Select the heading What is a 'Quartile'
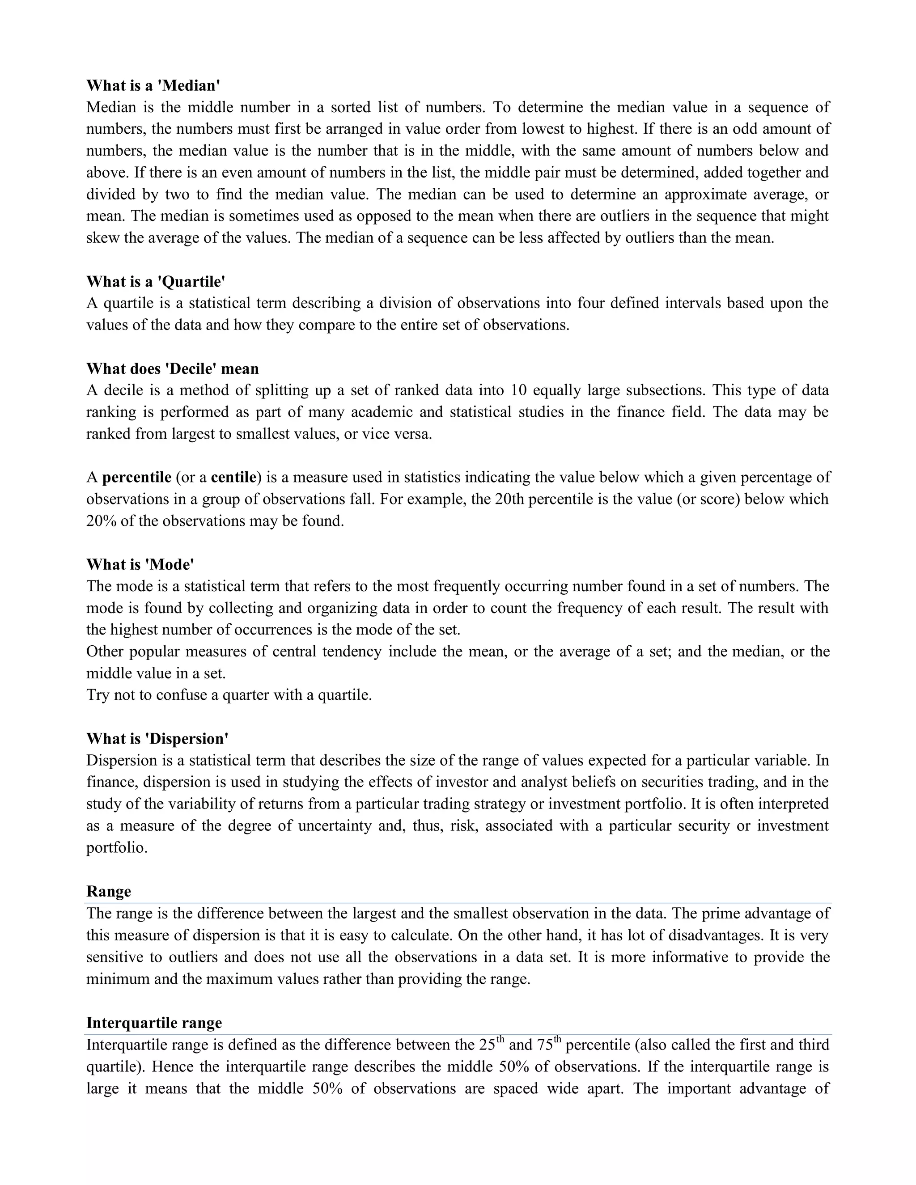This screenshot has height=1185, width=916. [156, 281]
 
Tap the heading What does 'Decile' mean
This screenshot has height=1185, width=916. [173, 368]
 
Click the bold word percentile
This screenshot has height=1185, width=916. [137, 478]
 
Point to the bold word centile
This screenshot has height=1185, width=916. [233, 478]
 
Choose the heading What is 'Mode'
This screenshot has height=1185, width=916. [140, 564]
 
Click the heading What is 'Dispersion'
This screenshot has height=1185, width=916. [157, 738]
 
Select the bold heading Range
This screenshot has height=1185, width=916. [109, 892]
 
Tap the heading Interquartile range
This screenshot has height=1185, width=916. [154, 1023]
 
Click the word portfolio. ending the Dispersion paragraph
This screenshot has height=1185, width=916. [117, 847]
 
